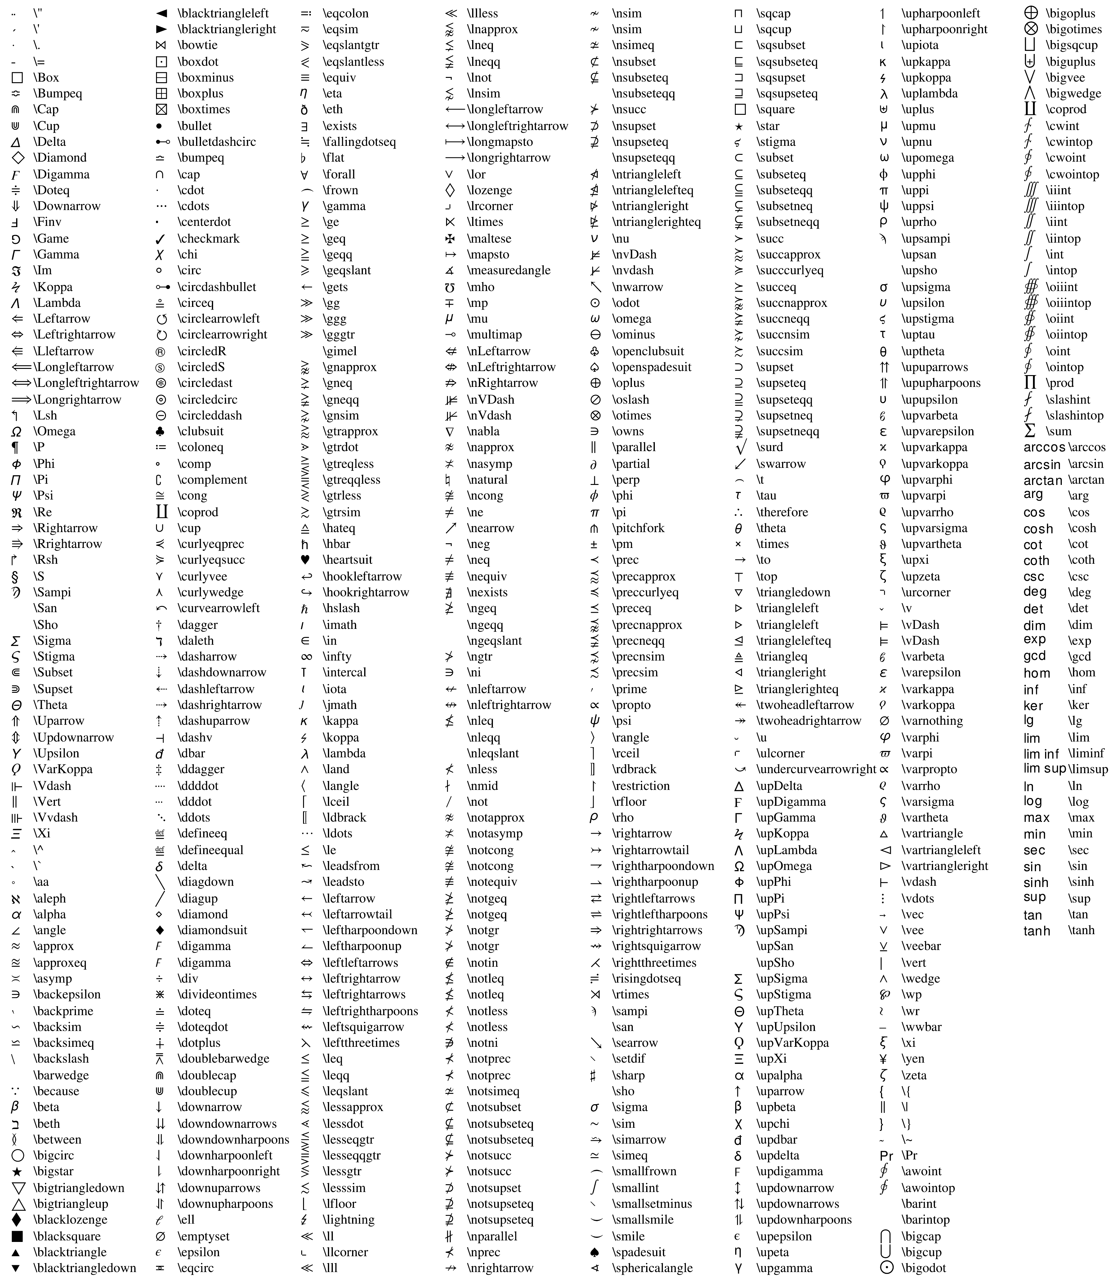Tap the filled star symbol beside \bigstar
(17, 1172)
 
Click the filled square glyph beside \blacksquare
(17, 1236)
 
